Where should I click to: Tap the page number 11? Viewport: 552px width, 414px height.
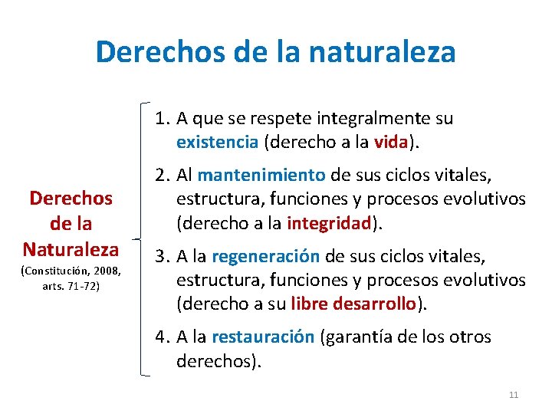514,395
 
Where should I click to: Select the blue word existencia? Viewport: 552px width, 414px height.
217,143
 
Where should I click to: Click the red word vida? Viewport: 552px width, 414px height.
392,143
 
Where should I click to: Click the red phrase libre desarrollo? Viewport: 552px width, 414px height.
354,304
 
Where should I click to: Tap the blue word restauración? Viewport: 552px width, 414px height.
262,337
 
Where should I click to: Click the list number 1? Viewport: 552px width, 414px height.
160,119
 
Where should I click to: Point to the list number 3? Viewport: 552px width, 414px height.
160,256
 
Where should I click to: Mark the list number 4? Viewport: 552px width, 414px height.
160,337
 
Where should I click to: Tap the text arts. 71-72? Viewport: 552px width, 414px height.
71,285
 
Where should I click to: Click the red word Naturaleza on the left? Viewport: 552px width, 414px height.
71,249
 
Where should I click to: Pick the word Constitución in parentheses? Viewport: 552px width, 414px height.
54,271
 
